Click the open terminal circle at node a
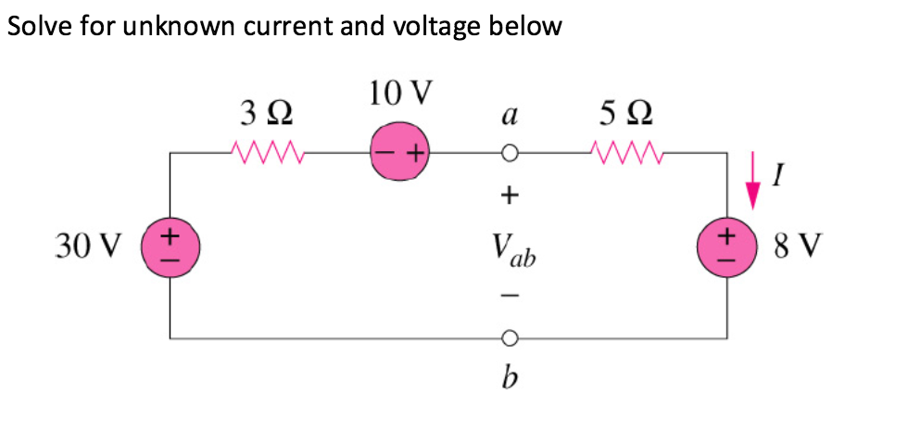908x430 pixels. point(509,153)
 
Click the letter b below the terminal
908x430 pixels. point(508,379)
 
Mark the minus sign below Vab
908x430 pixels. point(509,297)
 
